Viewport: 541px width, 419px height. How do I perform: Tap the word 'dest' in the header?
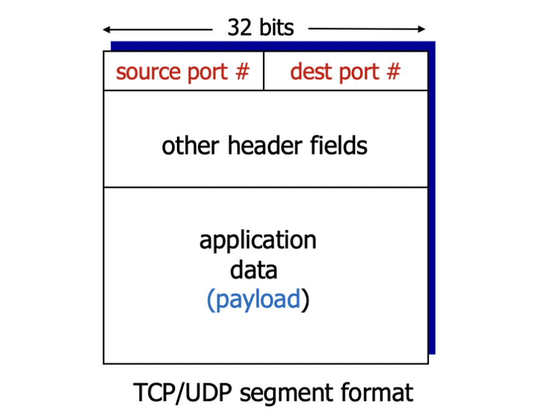[309, 72]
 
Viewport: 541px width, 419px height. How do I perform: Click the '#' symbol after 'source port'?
[242, 72]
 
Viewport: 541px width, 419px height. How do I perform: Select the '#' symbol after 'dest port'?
[393, 72]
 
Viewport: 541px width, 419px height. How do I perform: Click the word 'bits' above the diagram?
[274, 28]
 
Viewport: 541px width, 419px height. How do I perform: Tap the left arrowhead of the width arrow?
[107, 29]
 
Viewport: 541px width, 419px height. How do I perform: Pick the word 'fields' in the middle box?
[338, 146]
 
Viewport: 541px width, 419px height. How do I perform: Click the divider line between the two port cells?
[264, 71]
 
